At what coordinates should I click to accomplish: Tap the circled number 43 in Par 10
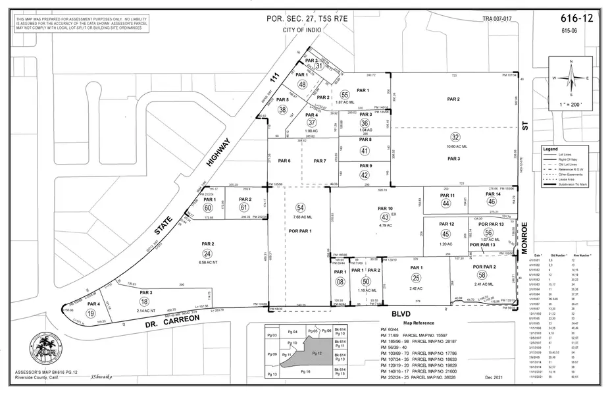coord(384,217)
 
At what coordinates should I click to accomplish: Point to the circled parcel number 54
coord(301,207)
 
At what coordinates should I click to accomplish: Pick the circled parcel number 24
coord(207,253)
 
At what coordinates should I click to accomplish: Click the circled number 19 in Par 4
coord(90,314)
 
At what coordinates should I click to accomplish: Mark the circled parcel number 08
coord(340,282)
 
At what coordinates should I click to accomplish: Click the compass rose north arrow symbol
coord(570,76)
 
